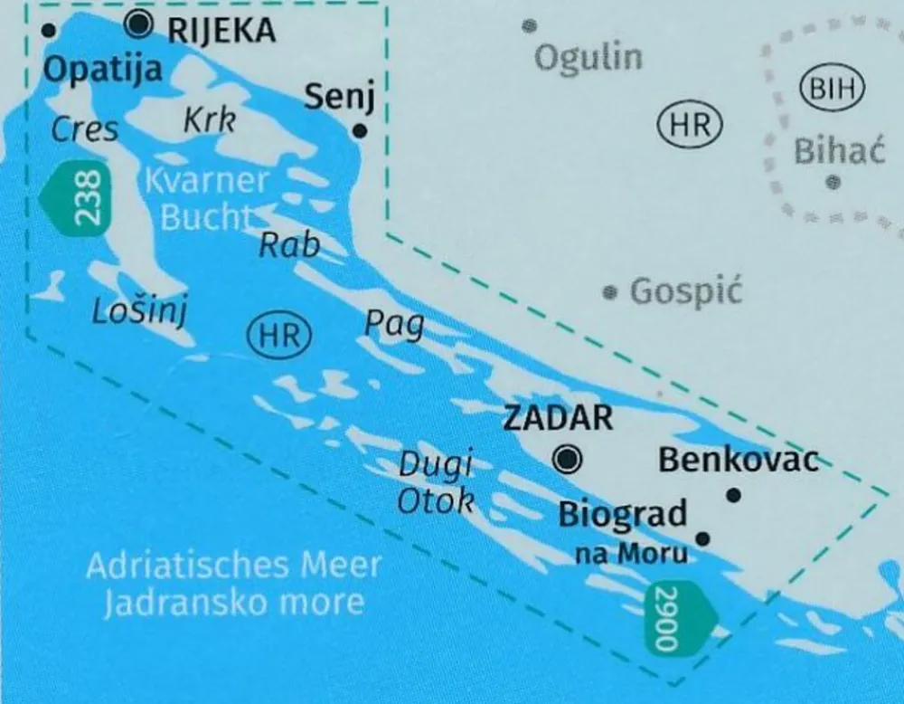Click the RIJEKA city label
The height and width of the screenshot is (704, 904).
(x=222, y=31)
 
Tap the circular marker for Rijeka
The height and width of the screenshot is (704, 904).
(x=138, y=25)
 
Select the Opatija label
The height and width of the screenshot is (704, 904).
(x=102, y=70)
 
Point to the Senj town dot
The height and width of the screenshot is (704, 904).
(x=359, y=131)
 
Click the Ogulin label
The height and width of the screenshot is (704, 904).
(x=589, y=59)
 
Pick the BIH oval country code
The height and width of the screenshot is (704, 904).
(x=833, y=89)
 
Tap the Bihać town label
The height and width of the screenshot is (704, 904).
(x=839, y=150)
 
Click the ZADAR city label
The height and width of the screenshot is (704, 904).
(x=558, y=418)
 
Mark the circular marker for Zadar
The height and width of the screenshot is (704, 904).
(x=568, y=460)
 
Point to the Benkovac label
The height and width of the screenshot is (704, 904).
(x=738, y=460)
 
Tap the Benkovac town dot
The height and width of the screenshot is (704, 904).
(x=734, y=495)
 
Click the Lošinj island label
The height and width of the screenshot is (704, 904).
(x=139, y=312)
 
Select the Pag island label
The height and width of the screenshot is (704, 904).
(x=394, y=324)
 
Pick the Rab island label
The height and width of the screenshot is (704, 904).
(x=290, y=244)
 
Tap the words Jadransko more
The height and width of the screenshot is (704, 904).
(x=234, y=602)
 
